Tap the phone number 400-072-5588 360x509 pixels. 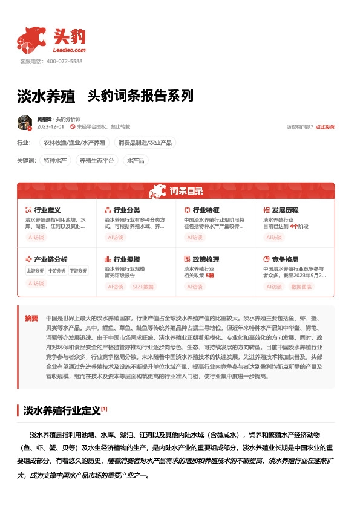[x=64, y=62]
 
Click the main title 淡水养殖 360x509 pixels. [x=45, y=96]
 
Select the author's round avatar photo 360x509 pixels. [x=25, y=123]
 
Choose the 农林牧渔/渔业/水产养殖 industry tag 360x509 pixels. [x=74, y=143]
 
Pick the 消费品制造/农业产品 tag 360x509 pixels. [x=144, y=143]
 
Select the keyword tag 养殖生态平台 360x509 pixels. [x=97, y=161]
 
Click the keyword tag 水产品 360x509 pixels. [x=134, y=161]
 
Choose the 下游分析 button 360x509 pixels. [x=77, y=271]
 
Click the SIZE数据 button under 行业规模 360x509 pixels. [x=143, y=287]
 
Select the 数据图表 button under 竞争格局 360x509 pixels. [x=302, y=287]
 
